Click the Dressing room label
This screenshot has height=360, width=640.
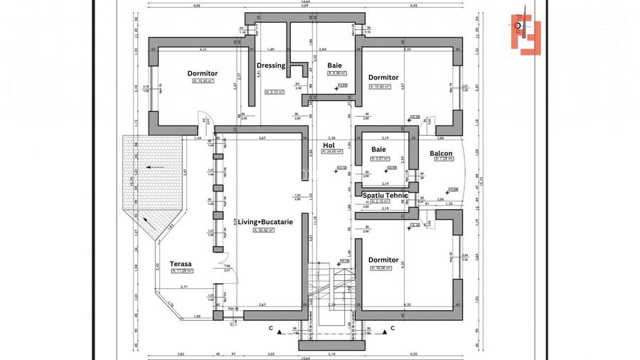[x=271, y=65]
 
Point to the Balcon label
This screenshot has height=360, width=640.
[x=442, y=153]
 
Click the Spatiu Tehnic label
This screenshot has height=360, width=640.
[x=385, y=195]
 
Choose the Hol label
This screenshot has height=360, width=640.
[x=329, y=144]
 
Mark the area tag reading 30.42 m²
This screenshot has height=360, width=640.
[x=257, y=230]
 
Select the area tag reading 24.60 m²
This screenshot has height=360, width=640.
[x=331, y=152]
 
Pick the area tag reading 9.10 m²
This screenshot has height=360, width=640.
[x=274, y=92]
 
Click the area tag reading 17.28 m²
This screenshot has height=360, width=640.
[x=180, y=271]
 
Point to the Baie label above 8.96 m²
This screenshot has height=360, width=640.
[x=334, y=65]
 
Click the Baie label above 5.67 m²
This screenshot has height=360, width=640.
[x=378, y=149]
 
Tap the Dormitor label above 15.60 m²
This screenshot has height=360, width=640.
[x=383, y=78]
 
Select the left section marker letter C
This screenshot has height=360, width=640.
[x=270, y=329]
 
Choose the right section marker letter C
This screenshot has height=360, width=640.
[x=393, y=329]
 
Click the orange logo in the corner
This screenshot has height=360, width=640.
[x=526, y=33]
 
